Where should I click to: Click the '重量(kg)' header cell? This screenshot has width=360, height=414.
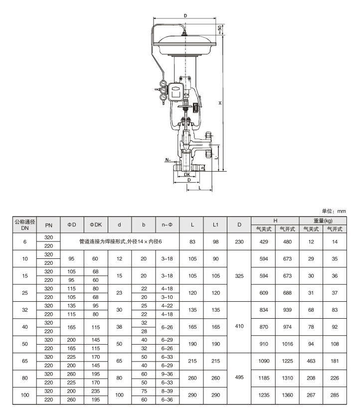click(x=322, y=220)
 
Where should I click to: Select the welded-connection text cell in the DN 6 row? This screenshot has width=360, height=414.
click(x=120, y=241)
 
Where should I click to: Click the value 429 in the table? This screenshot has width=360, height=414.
click(x=263, y=241)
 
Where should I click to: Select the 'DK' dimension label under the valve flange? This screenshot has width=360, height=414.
click(x=186, y=175)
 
